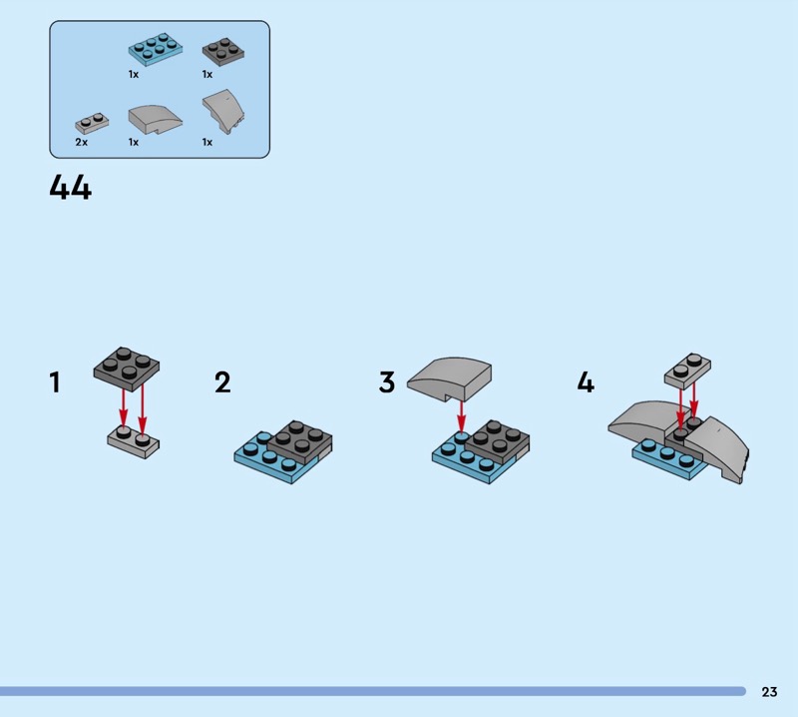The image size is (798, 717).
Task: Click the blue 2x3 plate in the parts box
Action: point(156,49)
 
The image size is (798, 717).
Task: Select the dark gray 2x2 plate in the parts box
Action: point(222,51)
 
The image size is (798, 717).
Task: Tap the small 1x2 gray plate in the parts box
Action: point(92,123)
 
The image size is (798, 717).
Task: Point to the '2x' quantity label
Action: point(82,142)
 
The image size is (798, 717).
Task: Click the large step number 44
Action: point(71,188)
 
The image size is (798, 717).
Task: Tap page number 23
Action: point(769,691)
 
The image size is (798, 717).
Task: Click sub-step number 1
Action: point(55,382)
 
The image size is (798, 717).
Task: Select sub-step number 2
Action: point(222,382)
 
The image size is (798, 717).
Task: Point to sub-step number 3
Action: point(387,382)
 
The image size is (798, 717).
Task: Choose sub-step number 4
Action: point(586,382)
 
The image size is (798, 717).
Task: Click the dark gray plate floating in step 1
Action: point(127,368)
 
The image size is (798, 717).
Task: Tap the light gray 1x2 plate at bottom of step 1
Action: point(134,441)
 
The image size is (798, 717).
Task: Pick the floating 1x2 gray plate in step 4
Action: point(687,371)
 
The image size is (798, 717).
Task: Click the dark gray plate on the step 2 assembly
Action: point(300,441)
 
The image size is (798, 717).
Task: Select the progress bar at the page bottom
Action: point(373,691)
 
